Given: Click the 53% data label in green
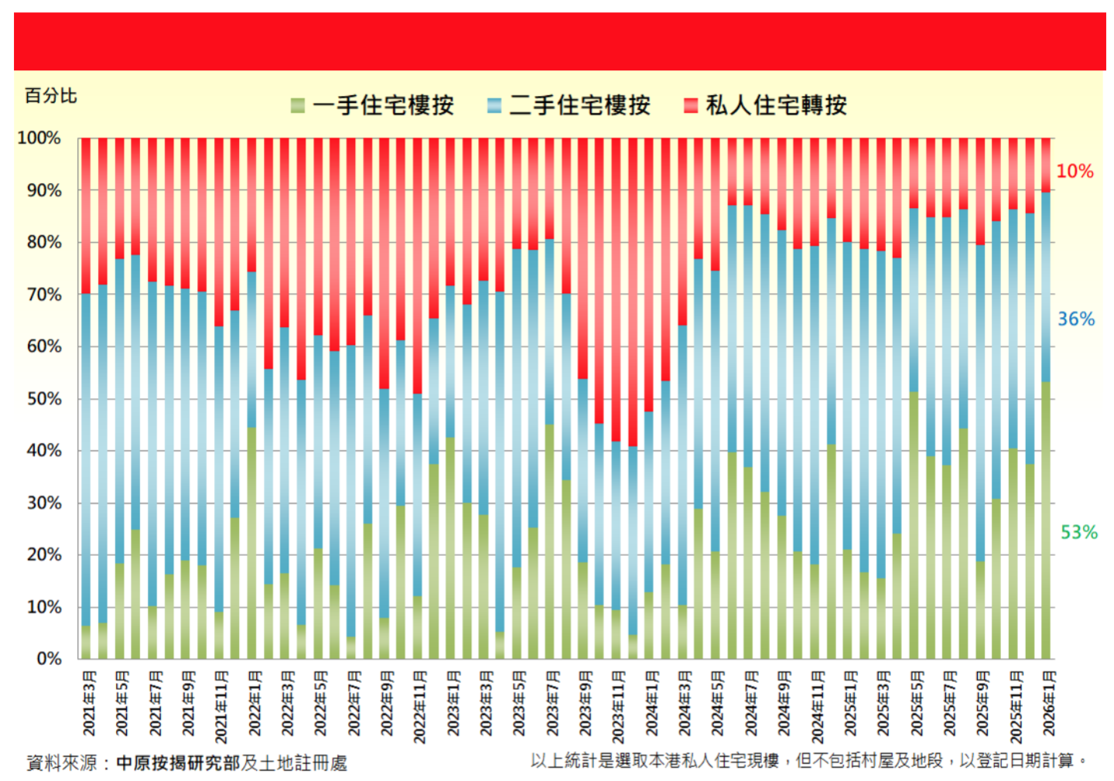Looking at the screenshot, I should (x=1078, y=532).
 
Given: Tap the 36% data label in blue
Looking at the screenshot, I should (x=1076, y=319).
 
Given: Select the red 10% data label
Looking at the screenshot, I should (x=1075, y=171).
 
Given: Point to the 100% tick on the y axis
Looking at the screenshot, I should (x=39, y=138).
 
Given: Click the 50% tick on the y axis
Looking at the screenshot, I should (x=43, y=399).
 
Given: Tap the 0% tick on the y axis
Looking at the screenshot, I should (x=48, y=659).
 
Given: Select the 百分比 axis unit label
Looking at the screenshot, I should (x=51, y=96).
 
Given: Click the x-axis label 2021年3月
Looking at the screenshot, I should (x=90, y=704).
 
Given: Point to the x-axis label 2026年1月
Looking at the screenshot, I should (x=1048, y=704).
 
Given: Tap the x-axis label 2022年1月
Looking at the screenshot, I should (x=255, y=704).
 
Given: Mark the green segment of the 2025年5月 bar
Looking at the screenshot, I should (x=914, y=526).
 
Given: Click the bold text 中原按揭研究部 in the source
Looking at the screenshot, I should (x=178, y=763).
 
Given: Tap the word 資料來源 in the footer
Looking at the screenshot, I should (x=61, y=763).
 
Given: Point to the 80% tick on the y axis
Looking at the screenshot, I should (x=43, y=243).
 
